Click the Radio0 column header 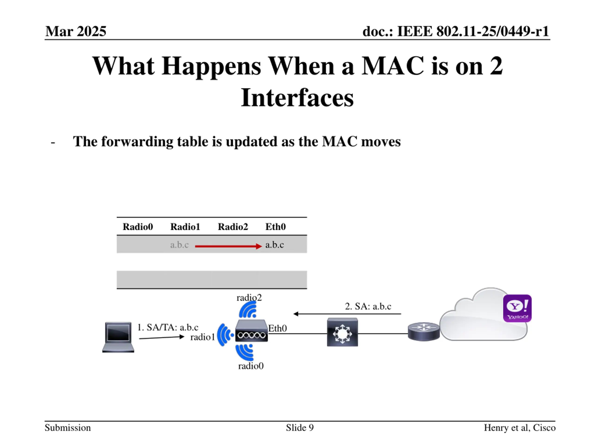point(138,227)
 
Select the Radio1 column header point(185,227)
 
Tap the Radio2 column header point(233,227)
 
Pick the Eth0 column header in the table point(275,227)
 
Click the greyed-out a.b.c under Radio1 point(179,245)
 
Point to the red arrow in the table point(228,246)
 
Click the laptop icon point(118,337)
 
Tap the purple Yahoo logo point(517,308)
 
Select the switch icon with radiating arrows point(342,332)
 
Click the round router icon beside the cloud point(424,331)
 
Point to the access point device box point(251,331)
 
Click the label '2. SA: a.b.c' point(368,306)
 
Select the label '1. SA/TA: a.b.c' point(168,327)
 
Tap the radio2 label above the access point point(249,298)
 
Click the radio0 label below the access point point(251,366)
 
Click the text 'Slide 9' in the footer point(300,427)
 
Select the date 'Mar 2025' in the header point(76,31)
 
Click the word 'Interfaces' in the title point(297,97)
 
